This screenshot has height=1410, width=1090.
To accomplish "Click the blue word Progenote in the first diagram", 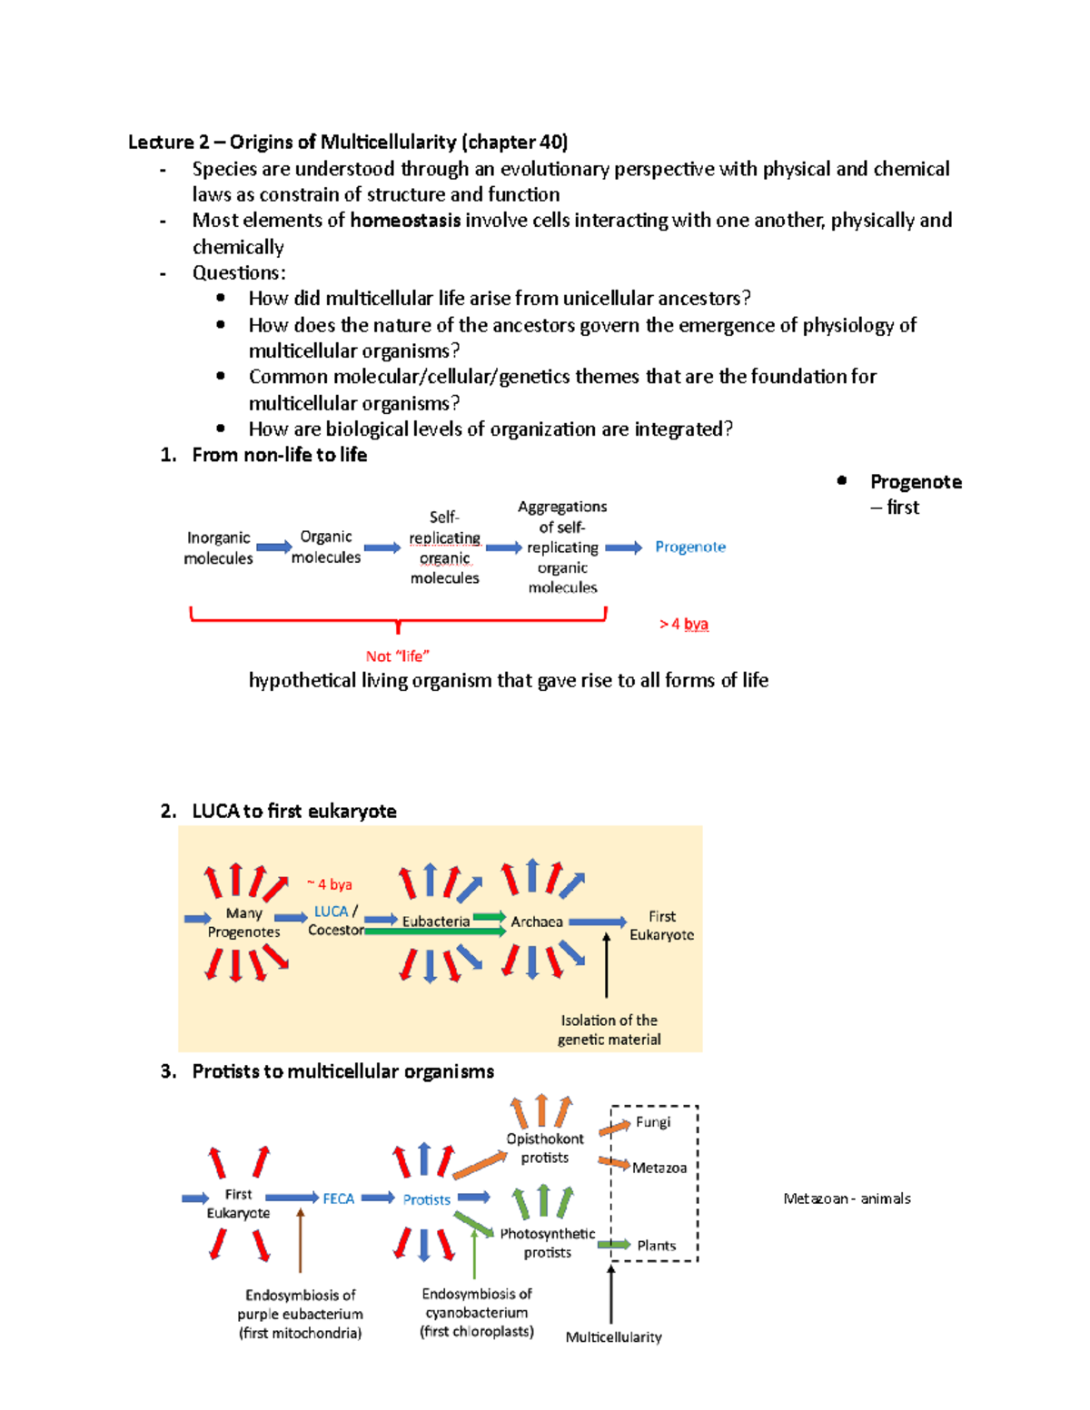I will pyautogui.click(x=690, y=547).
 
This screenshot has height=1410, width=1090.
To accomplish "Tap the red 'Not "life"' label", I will pyautogui.click(x=397, y=656).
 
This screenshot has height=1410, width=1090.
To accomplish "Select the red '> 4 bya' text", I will pyautogui.click(x=684, y=624).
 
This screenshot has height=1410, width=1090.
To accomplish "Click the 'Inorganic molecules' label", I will pyautogui.click(x=218, y=547).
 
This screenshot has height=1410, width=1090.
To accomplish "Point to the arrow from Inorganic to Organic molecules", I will pyautogui.click(x=273, y=547).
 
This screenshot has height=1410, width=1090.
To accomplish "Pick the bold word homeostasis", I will pyautogui.click(x=405, y=221).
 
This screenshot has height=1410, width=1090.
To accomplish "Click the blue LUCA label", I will pyautogui.click(x=331, y=912).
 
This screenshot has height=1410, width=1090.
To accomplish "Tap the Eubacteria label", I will pyautogui.click(x=436, y=922).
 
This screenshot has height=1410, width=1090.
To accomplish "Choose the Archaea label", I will pyautogui.click(x=537, y=922).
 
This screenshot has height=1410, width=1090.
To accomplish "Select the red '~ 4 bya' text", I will pyautogui.click(x=329, y=884).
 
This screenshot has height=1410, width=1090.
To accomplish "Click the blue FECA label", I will pyautogui.click(x=339, y=1198).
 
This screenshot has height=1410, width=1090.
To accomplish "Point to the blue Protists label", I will pyautogui.click(x=427, y=1199).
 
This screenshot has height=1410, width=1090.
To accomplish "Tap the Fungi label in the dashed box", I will pyautogui.click(x=653, y=1122).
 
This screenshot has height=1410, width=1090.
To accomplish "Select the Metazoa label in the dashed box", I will pyautogui.click(x=659, y=1168).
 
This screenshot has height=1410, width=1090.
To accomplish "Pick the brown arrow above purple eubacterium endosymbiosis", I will pyautogui.click(x=301, y=1239).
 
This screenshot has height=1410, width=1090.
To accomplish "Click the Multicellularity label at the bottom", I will pyautogui.click(x=613, y=1336).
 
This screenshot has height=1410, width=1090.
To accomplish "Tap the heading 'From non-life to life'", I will pyautogui.click(x=280, y=455).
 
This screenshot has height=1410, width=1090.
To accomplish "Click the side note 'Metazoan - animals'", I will pyautogui.click(x=847, y=1198).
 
